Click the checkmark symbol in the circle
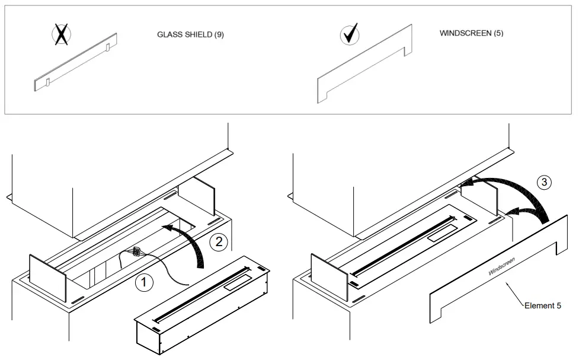click(x=349, y=35)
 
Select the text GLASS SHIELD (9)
click(x=190, y=35)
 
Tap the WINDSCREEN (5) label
click(x=471, y=33)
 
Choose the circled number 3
click(x=545, y=182)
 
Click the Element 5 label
click(x=542, y=306)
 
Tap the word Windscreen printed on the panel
click(x=501, y=266)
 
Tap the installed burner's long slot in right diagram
click(x=403, y=244)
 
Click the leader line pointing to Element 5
click(x=514, y=295)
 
